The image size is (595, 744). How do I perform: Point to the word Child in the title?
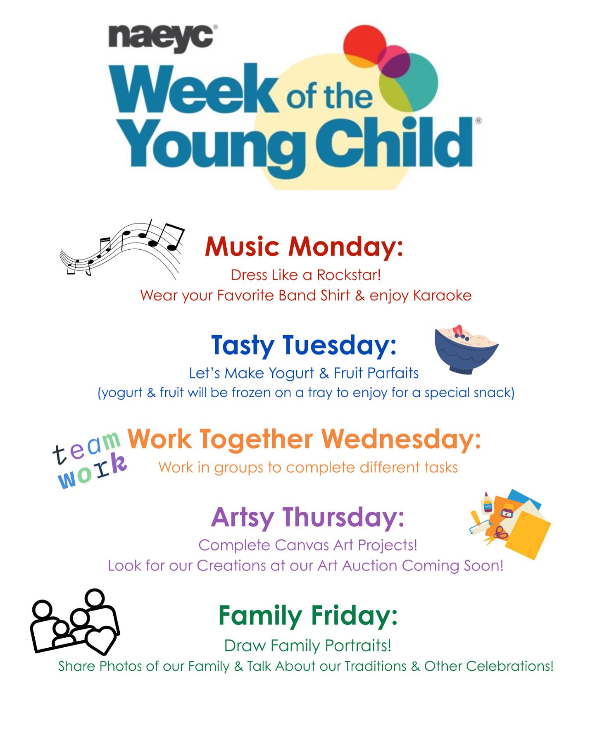click(394, 142)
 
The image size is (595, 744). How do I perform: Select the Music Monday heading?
click(304, 246)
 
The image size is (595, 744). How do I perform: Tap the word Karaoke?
click(442, 295)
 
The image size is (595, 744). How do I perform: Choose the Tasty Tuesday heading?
click(304, 346)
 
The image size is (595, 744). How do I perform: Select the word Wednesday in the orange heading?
click(401, 439)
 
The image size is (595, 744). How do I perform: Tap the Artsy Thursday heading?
click(307, 517)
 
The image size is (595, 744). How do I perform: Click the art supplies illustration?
click(511, 524)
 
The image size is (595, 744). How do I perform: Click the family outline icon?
click(75, 622)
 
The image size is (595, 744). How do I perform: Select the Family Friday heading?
click(308, 616)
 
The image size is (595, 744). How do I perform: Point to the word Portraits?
click(358, 645)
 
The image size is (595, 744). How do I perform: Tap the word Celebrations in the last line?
click(509, 666)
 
